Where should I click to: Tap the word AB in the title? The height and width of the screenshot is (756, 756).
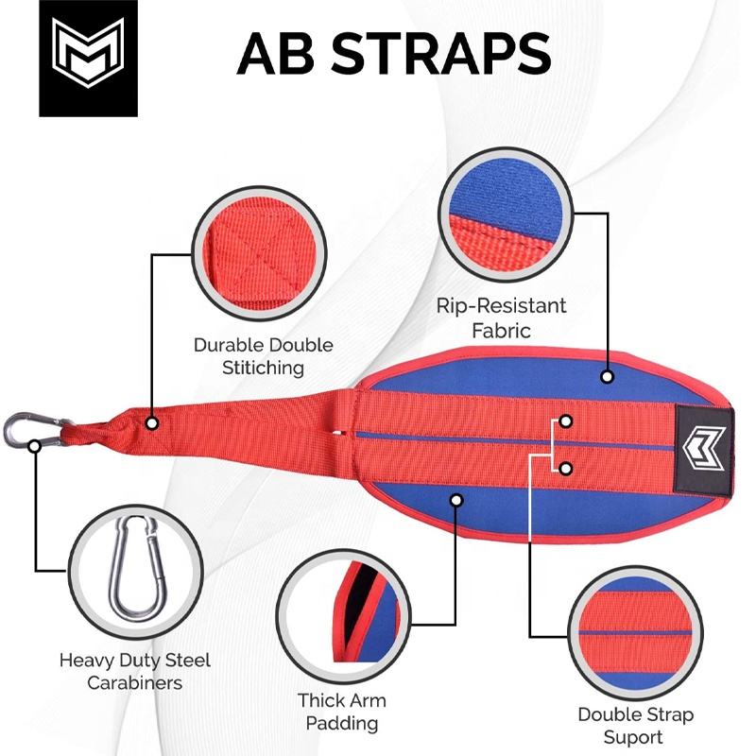[x=280, y=54]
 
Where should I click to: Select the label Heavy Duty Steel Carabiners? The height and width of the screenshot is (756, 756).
[x=134, y=671]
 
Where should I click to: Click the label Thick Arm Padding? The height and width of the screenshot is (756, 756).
[x=342, y=713]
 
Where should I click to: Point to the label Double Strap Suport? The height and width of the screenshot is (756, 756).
[x=634, y=725]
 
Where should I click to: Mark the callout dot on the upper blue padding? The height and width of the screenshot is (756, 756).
[x=607, y=376]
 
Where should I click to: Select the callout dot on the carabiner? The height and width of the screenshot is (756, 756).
[x=35, y=443]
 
